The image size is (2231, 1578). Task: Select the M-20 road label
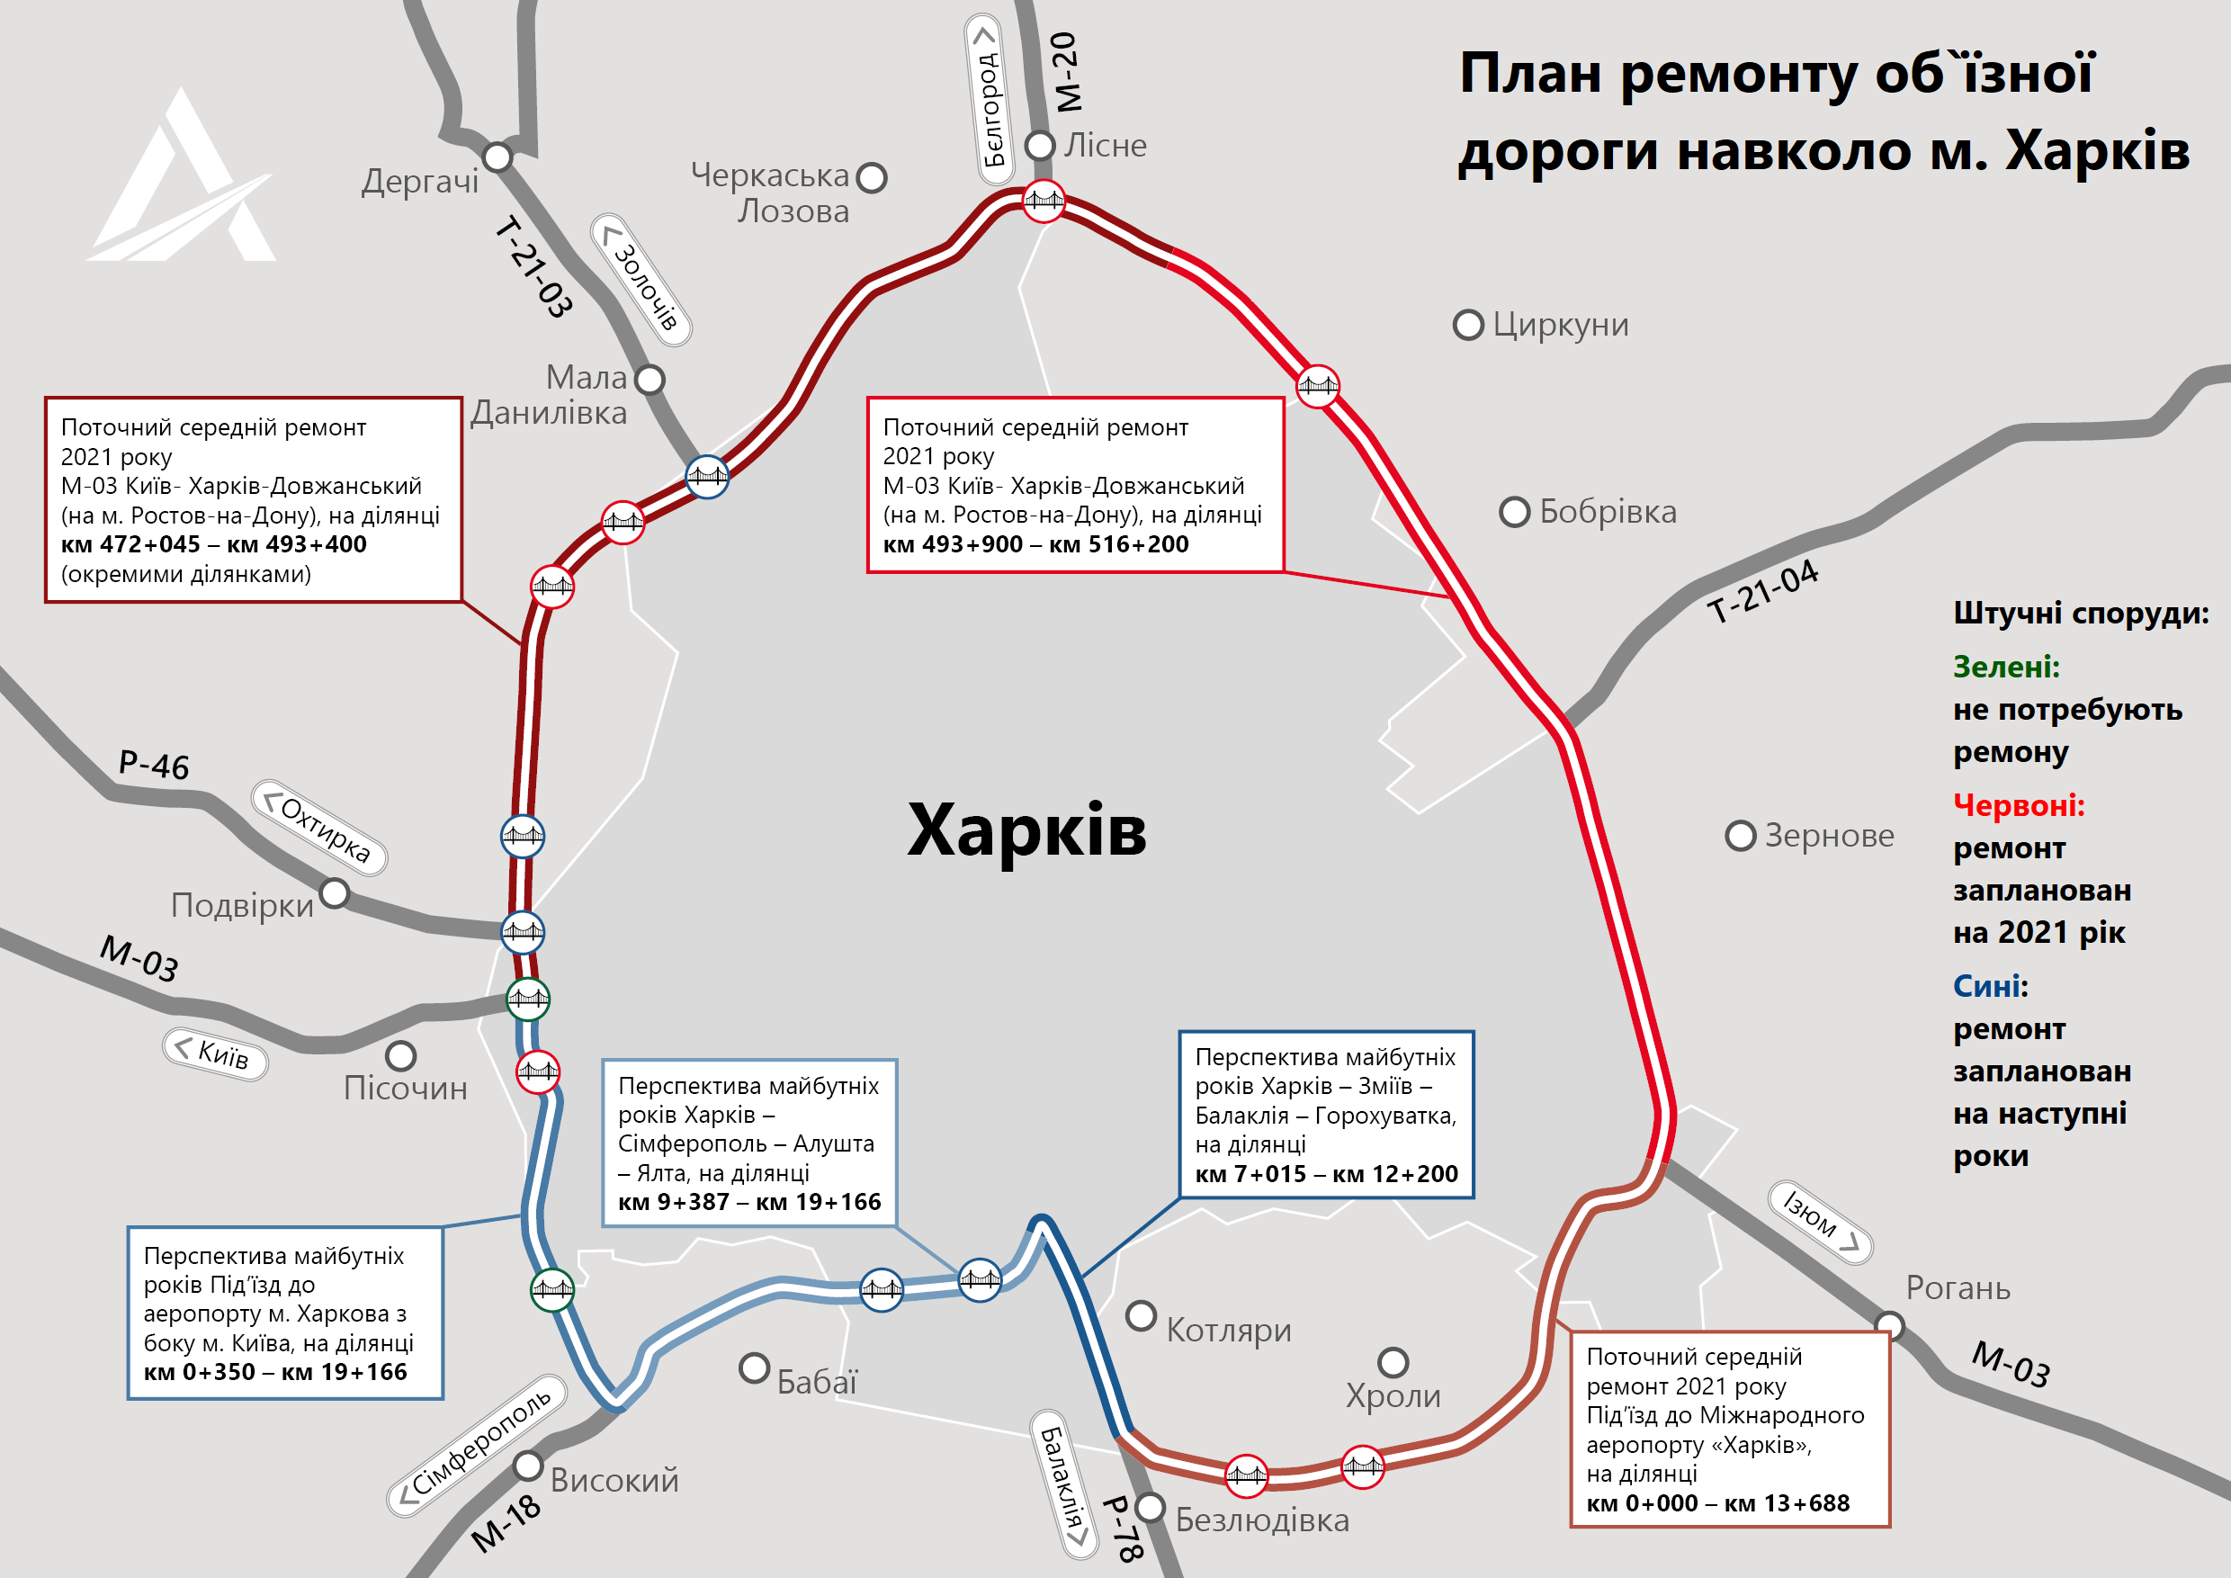point(1066,71)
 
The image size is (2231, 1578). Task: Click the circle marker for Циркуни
point(1467,325)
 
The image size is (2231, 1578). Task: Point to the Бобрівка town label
point(1608,512)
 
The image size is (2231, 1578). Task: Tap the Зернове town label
point(1829,836)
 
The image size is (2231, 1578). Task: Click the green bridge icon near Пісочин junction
point(528,998)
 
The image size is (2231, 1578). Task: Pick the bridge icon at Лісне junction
point(1044,202)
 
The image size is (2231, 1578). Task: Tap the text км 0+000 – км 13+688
point(1717,1503)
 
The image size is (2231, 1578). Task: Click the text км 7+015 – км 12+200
point(1325,1174)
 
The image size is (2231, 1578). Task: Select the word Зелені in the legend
point(2005,667)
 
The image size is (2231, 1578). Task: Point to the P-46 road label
point(154,765)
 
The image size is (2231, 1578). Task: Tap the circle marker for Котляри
point(1141,1316)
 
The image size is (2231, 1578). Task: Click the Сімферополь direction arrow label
point(478,1444)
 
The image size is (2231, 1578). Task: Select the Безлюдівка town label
point(1261,1520)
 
